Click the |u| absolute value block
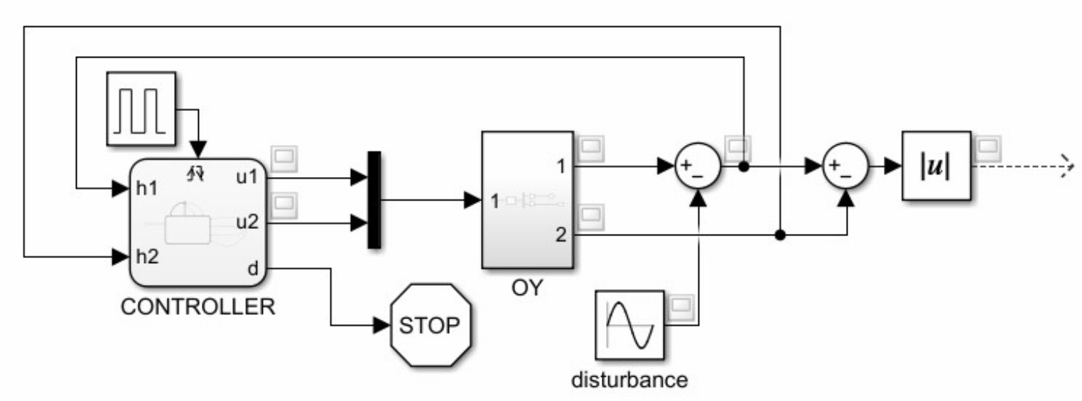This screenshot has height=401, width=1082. coord(936,166)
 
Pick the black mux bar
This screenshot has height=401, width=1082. coord(374,200)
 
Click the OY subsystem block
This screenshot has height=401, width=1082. coord(527,199)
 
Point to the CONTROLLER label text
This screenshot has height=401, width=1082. coord(198,307)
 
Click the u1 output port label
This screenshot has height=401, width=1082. coord(247,177)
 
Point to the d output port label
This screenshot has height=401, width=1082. coord(253,268)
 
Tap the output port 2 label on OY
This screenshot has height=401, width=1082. coord(561,235)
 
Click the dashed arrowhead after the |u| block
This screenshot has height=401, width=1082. coord(1064,166)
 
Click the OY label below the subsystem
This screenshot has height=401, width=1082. coord(526,290)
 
